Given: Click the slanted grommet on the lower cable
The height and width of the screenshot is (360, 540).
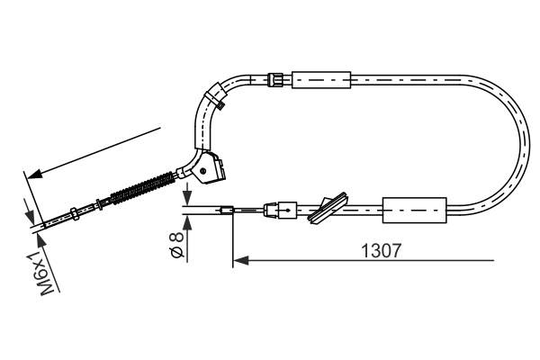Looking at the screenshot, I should tap(327, 206).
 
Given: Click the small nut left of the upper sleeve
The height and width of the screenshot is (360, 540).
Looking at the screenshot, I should tap(278, 79).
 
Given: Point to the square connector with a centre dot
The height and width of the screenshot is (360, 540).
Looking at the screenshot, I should tap(286, 211).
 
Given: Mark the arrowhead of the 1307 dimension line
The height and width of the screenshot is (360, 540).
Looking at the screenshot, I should tap(238, 262).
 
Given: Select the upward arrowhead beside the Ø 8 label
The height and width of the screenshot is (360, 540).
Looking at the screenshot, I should tap(184, 221).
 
